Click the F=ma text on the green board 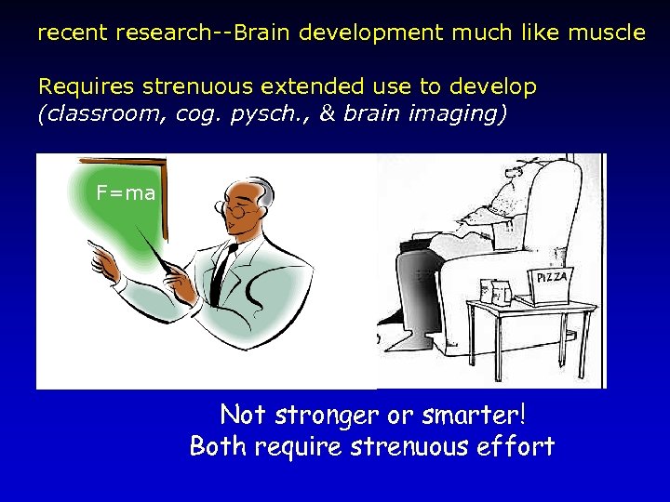(126, 193)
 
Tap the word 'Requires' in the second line (86, 87)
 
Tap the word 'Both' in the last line (218, 446)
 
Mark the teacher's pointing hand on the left (105, 259)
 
